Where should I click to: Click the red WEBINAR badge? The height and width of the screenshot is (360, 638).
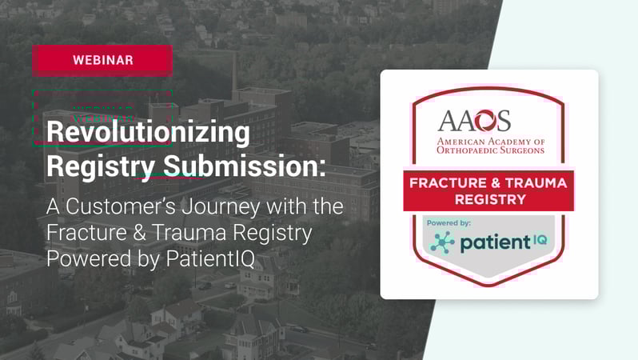[x=102, y=60]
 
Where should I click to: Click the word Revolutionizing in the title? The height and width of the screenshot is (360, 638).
[x=148, y=133]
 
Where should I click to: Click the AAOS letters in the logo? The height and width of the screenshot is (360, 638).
[x=475, y=121]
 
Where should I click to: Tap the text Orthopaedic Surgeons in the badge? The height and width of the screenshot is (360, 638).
[x=489, y=150]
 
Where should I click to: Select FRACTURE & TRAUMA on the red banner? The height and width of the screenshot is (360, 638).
[x=488, y=183]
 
